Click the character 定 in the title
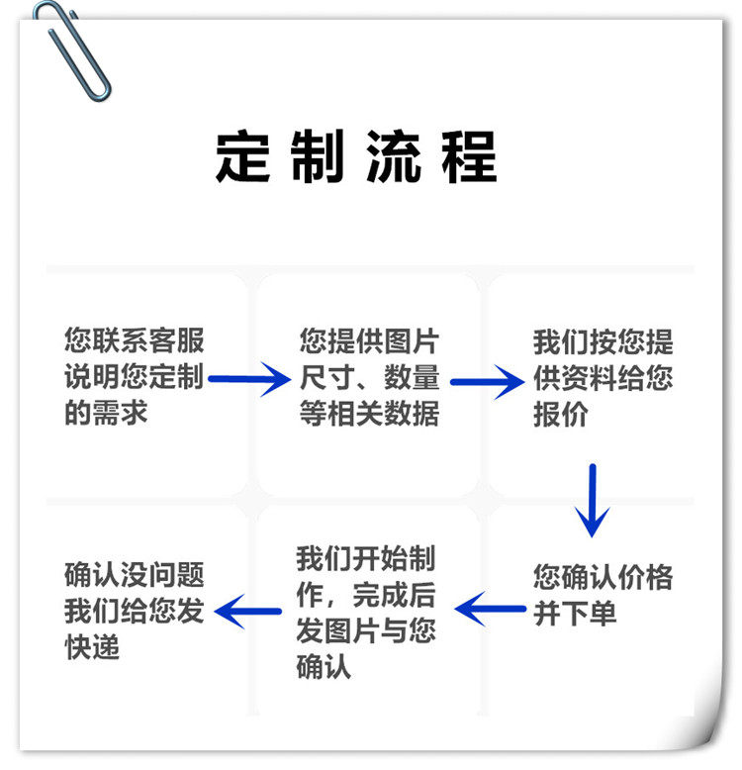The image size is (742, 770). pyautogui.click(x=243, y=155)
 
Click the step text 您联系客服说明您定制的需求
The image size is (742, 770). pyautogui.click(x=134, y=377)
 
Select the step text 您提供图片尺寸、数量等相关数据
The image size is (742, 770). pyautogui.click(x=369, y=377)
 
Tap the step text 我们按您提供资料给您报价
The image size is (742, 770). pyautogui.click(x=603, y=377)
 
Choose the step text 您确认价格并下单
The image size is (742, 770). pyautogui.click(x=603, y=594)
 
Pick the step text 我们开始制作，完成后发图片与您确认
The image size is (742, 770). pyautogui.click(x=365, y=612)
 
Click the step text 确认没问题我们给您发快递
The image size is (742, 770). pyautogui.click(x=134, y=611)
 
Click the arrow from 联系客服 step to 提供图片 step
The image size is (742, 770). pyautogui.click(x=247, y=378)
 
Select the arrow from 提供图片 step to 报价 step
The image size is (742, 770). pyautogui.click(x=486, y=380)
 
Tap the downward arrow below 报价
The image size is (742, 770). pyautogui.click(x=592, y=499)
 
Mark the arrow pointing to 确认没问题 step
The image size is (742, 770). pyautogui.click(x=248, y=610)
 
